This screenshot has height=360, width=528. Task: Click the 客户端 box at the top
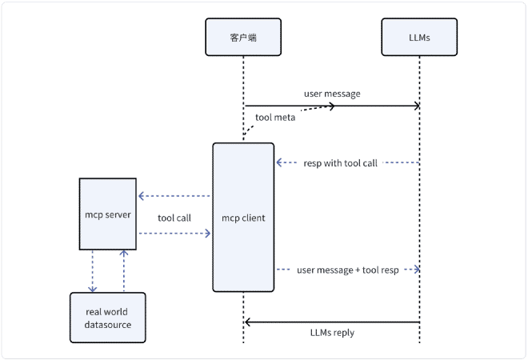(x=243, y=37)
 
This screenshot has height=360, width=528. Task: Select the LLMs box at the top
(x=419, y=37)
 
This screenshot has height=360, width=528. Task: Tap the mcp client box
(x=243, y=217)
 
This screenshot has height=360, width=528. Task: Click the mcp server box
(x=108, y=214)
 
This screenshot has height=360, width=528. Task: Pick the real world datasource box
(x=108, y=318)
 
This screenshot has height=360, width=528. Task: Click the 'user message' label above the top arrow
(x=332, y=94)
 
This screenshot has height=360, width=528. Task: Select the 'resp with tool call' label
(x=339, y=162)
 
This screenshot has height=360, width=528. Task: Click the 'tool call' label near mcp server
(x=174, y=218)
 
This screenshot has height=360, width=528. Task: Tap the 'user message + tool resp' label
(x=347, y=270)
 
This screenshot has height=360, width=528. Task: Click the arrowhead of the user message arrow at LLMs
(x=417, y=106)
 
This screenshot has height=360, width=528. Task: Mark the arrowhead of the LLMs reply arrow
(x=248, y=322)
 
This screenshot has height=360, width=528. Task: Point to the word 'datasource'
(x=108, y=324)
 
